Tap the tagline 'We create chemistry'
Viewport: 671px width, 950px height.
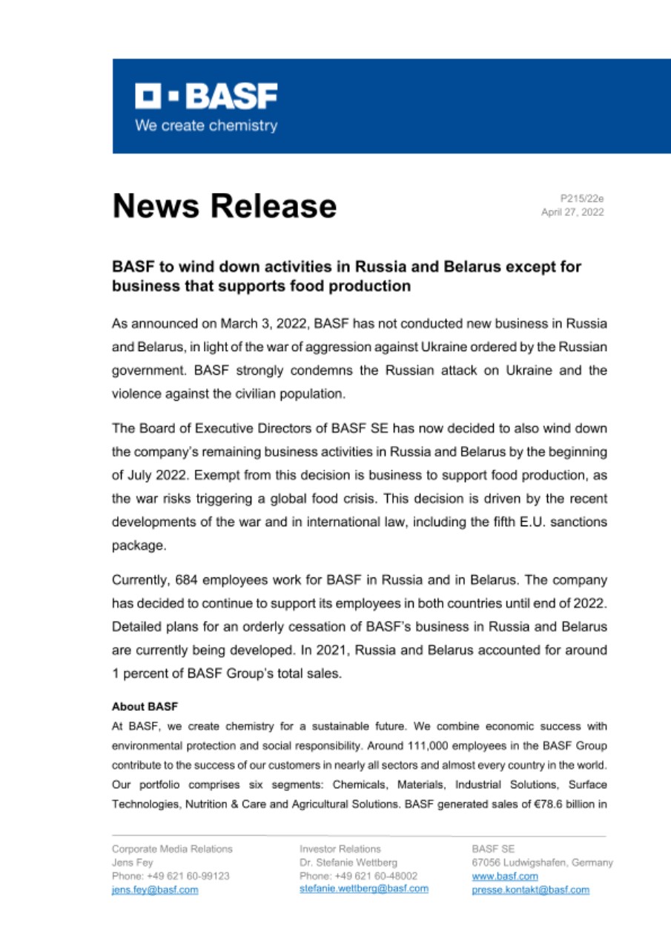point(205,125)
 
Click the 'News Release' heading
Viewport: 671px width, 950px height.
point(224,206)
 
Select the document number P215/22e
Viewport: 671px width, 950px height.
point(583,199)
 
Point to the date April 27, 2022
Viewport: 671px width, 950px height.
point(574,212)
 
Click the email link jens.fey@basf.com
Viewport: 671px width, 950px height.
point(154,890)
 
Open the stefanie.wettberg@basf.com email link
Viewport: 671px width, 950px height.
point(363,888)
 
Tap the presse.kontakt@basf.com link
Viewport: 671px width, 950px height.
point(530,890)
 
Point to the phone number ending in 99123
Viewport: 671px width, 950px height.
point(170,876)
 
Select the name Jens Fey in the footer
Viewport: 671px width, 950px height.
point(132,862)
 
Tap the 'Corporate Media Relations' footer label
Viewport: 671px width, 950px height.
point(171,848)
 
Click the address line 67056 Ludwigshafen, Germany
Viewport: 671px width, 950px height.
point(542,862)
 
